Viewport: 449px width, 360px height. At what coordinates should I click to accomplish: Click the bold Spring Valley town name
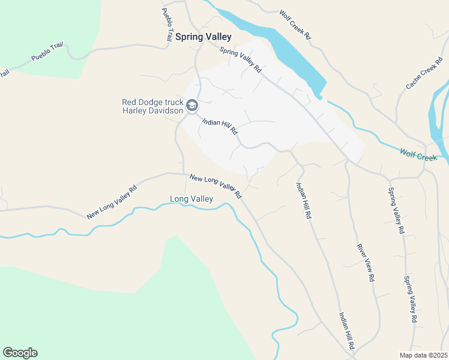coord(203,37)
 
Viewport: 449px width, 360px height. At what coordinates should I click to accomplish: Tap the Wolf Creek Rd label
coord(295,25)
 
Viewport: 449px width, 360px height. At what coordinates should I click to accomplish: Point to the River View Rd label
coord(366,263)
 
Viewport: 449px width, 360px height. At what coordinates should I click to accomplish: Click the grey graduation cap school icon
coord(192,106)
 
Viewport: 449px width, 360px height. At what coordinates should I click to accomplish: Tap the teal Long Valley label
coord(191,199)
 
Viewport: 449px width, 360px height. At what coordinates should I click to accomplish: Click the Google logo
coord(20,353)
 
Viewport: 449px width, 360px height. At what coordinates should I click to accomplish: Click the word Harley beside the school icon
coord(136,110)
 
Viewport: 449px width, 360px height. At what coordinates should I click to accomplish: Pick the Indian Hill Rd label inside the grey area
coord(220,127)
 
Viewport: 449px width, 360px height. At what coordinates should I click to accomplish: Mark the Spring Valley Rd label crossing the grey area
coord(241,60)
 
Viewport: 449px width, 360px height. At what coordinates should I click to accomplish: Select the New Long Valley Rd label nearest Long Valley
coord(215,187)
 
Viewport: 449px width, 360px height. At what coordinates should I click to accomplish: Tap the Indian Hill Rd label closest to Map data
coord(346,331)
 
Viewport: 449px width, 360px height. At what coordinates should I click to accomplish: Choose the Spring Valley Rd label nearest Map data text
coord(410,299)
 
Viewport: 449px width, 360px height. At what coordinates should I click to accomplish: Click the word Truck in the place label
coord(171,102)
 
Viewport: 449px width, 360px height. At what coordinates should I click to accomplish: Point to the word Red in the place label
coord(130,102)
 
